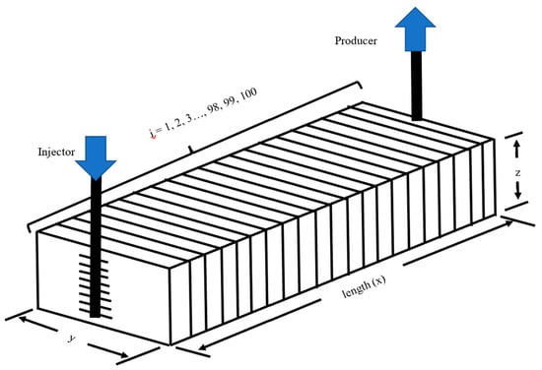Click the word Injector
[x=56, y=153]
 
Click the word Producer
[x=356, y=40]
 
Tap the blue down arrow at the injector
[x=96, y=157]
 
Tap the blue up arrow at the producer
[x=415, y=30]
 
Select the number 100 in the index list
[x=247, y=94]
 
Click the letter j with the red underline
[x=153, y=134]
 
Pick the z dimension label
[x=517, y=173]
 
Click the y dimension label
[x=72, y=339]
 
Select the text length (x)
[x=364, y=286]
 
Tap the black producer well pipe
[x=417, y=86]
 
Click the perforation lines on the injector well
[x=96, y=286]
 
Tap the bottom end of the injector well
[x=95, y=317]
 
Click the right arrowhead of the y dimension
[x=122, y=354]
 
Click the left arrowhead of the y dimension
[x=25, y=319]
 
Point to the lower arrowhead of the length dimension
[x=204, y=346]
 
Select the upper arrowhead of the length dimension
[x=508, y=223]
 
